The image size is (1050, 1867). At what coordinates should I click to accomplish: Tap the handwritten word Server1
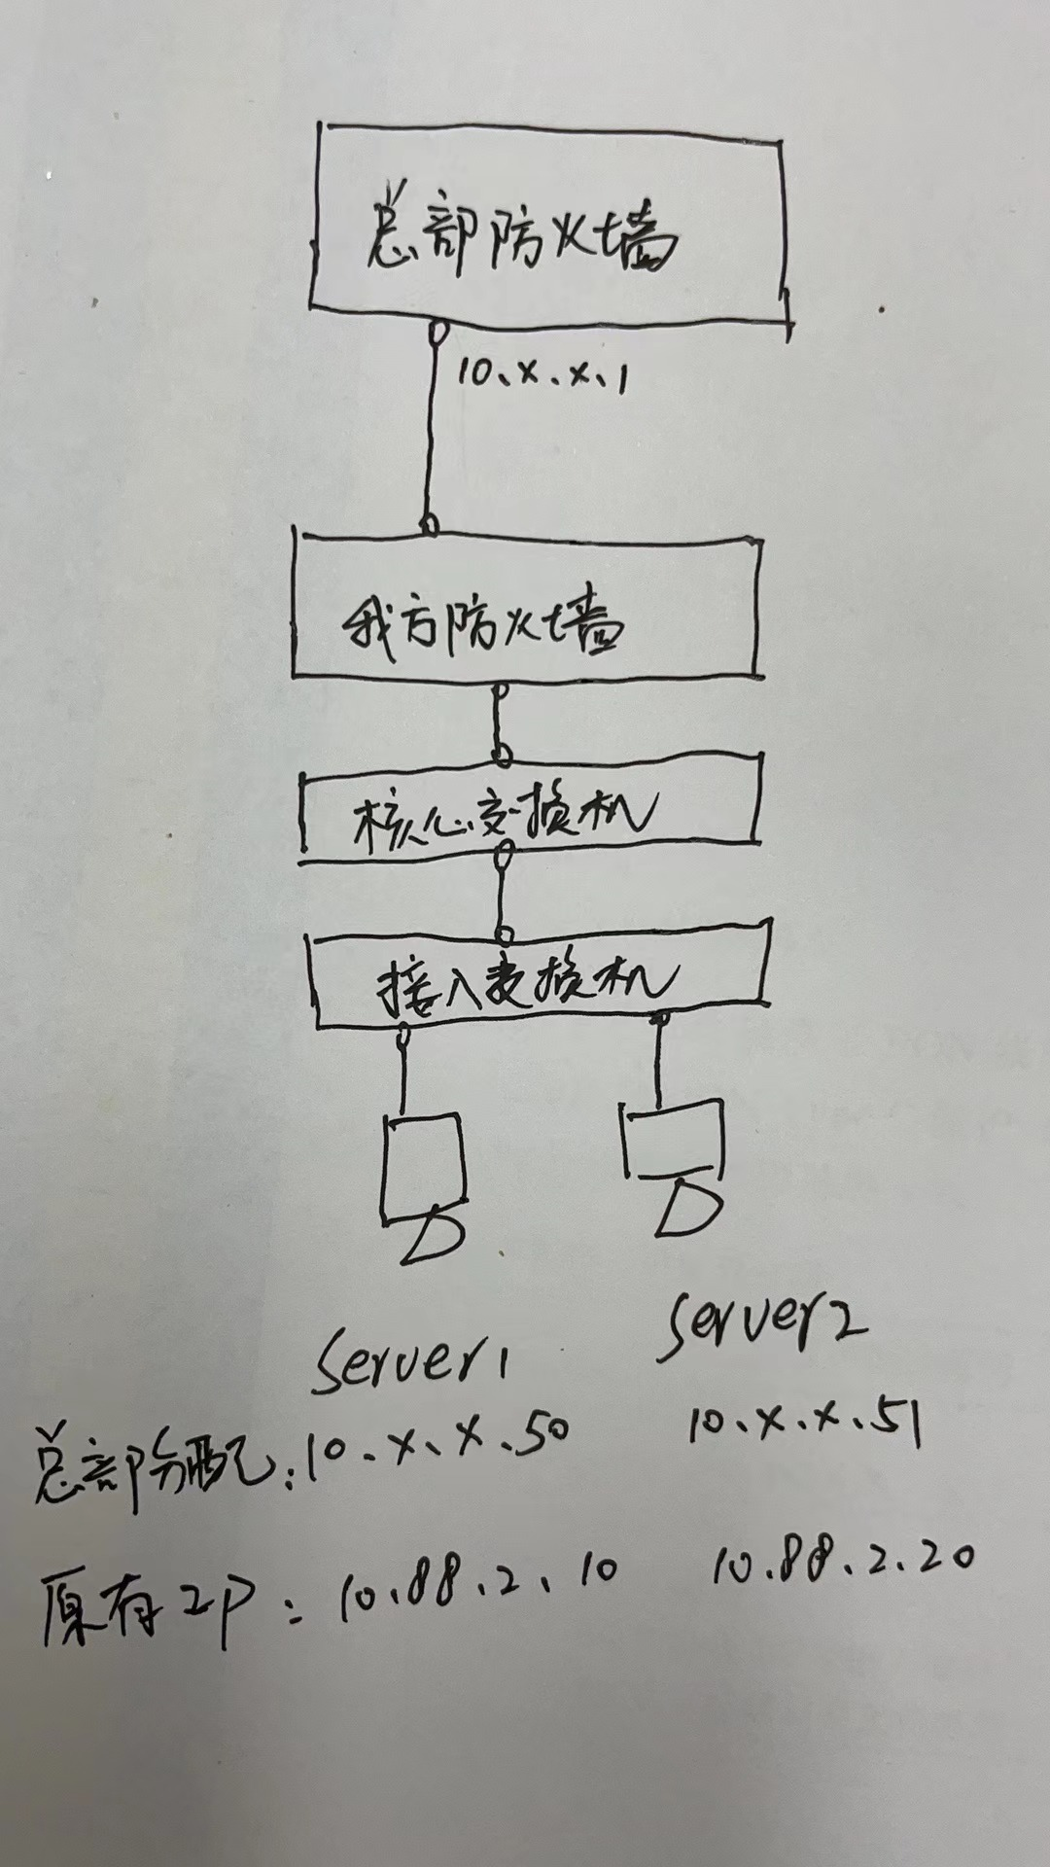411,1357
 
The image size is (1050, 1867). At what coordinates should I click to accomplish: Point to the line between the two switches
502,895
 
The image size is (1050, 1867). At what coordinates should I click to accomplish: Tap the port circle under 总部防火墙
438,333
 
